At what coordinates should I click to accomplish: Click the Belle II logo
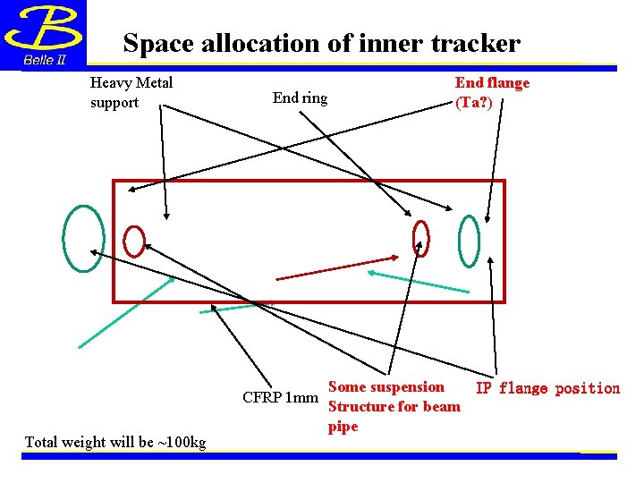[43, 36]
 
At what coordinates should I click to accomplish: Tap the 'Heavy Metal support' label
[131, 92]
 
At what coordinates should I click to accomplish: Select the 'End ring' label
[300, 97]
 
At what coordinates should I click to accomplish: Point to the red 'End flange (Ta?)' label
[492, 92]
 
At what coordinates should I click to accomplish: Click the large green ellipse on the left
[83, 238]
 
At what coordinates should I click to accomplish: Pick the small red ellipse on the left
[134, 241]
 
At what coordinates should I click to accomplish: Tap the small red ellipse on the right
[420, 239]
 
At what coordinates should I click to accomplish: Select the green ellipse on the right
[469, 241]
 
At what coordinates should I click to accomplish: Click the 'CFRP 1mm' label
[280, 397]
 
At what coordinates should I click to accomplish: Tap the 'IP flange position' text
[547, 388]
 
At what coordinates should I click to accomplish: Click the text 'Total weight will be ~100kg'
[115, 442]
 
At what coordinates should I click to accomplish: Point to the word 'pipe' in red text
[343, 427]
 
